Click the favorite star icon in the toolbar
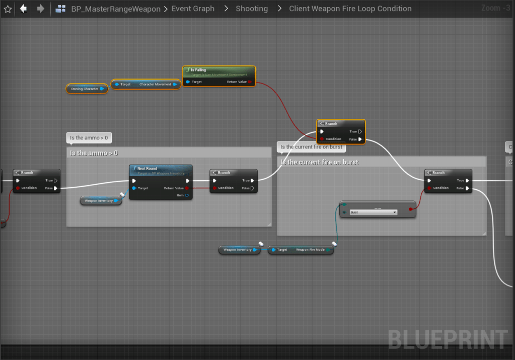point(8,9)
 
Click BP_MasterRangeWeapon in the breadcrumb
point(116,9)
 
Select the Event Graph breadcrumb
point(193,9)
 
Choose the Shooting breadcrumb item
point(252,9)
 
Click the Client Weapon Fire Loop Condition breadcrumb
point(350,9)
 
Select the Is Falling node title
point(198,70)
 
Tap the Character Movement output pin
point(175,85)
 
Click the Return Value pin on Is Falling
point(250,82)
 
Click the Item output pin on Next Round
point(187,195)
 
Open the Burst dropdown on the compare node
point(373,212)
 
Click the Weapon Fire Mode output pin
point(328,250)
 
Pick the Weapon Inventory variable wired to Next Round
point(99,201)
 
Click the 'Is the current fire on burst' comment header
point(320,163)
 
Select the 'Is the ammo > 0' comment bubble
point(89,138)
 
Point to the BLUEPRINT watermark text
point(447,339)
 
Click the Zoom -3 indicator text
point(495,8)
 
